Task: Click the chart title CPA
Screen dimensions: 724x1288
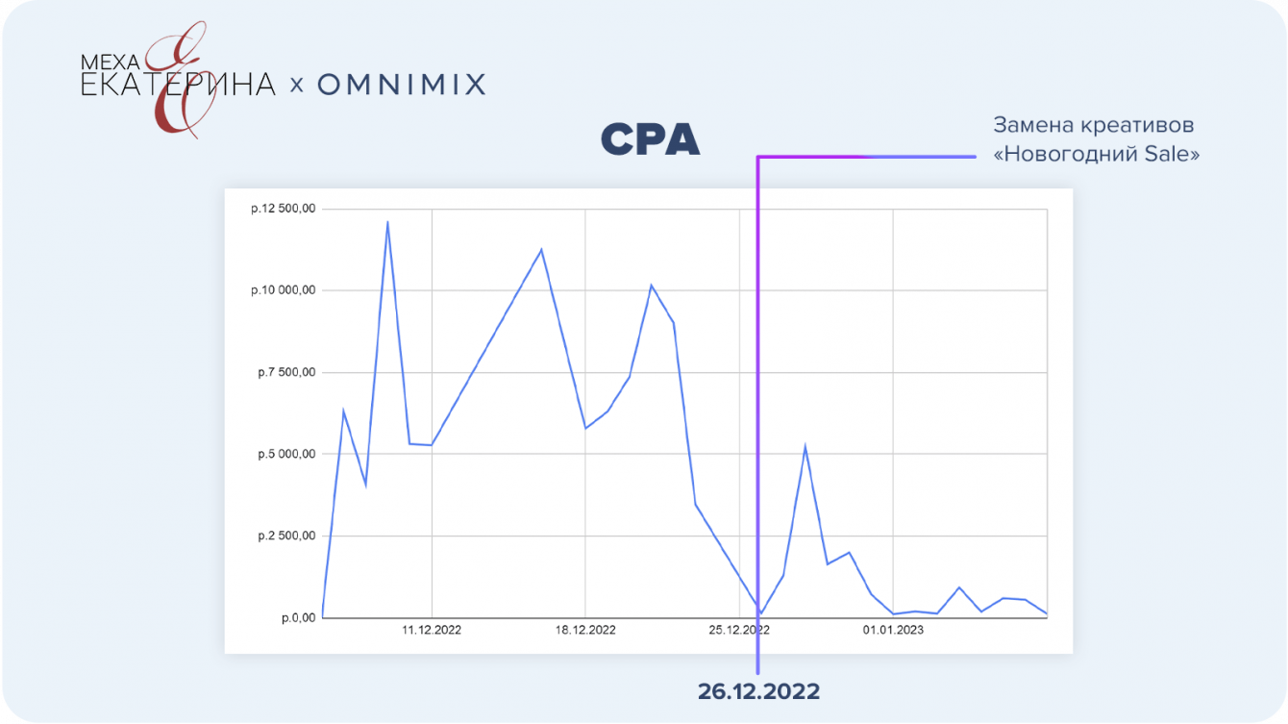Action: [650, 141]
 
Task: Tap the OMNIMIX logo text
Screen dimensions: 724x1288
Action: [401, 85]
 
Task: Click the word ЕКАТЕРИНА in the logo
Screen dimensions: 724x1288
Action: [178, 86]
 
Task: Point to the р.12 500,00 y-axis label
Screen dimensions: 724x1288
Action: [282, 209]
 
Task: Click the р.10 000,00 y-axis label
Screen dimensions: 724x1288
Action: [282, 290]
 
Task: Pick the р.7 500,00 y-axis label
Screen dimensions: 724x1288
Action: [285, 372]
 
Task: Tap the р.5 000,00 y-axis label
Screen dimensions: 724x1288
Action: [285, 454]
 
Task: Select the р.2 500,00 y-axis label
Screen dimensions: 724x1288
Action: [285, 536]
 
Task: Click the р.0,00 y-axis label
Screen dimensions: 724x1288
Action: [297, 617]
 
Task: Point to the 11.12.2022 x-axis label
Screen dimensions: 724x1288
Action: [432, 630]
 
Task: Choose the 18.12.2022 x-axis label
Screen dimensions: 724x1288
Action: [585, 630]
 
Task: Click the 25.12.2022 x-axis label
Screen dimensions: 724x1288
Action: [739, 630]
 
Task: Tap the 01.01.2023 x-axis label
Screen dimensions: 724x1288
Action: [893, 630]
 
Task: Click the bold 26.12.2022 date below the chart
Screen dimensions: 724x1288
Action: [758, 691]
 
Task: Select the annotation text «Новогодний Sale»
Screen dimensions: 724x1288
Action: [1096, 155]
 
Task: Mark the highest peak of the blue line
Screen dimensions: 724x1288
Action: [387, 222]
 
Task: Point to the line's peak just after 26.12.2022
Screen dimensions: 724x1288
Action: [805, 446]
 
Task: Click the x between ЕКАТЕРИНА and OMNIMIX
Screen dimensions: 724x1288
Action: [296, 86]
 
